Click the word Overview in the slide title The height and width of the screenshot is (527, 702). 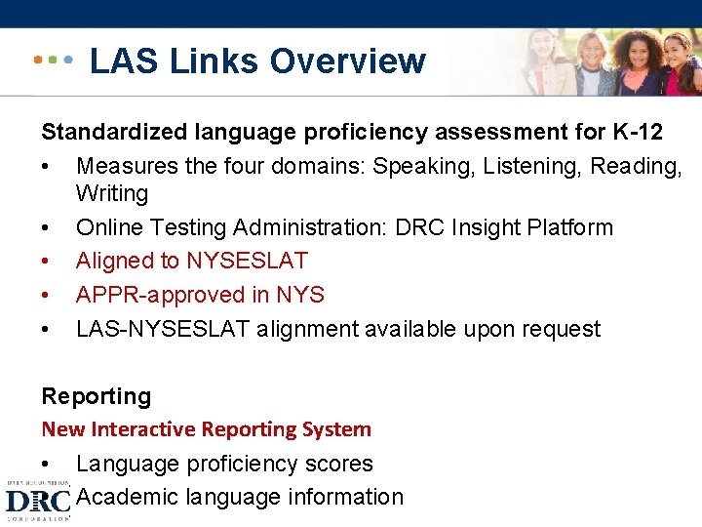tap(348, 61)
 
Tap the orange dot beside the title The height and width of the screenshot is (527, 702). tap(37, 60)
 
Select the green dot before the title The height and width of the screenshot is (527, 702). tap(53, 60)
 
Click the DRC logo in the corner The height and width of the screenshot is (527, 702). tap(37, 501)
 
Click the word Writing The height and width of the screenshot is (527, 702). tap(112, 193)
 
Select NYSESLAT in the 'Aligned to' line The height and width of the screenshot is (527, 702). tap(247, 261)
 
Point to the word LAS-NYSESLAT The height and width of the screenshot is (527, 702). tap(163, 329)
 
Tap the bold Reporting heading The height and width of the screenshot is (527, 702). tap(97, 396)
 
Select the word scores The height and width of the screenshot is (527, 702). tap(340, 464)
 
